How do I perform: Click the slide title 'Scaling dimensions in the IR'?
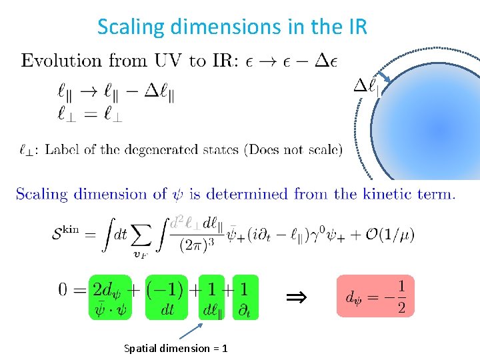(x=231, y=27)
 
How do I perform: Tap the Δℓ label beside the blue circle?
(x=366, y=86)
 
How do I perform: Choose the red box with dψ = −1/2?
(x=375, y=296)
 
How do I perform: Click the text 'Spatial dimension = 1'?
(x=176, y=348)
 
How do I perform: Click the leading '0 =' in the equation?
(x=70, y=289)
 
